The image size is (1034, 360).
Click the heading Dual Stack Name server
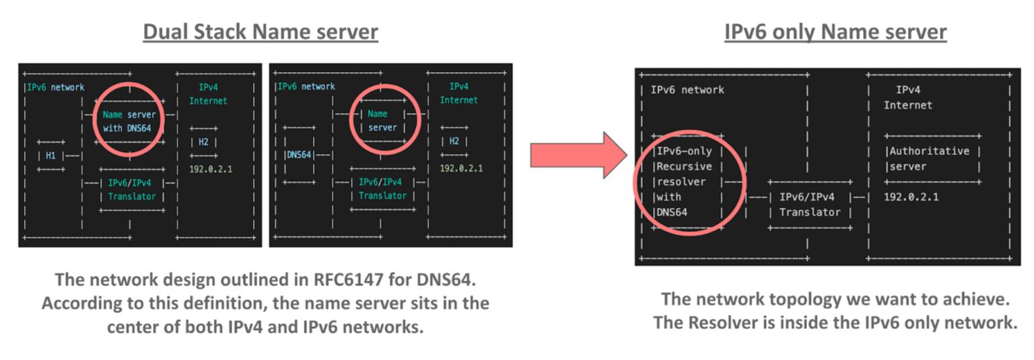pos(260,32)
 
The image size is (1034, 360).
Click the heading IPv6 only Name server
pos(835,32)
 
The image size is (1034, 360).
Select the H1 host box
pos(50,155)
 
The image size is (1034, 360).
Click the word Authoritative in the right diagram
pos(930,151)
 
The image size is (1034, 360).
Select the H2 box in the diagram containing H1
pos(203,141)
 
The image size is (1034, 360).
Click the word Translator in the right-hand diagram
pos(810,212)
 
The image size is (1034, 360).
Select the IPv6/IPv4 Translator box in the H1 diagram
pos(131,189)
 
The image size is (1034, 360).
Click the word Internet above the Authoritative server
pos(907,105)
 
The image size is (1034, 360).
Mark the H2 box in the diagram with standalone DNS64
pos(454,141)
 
